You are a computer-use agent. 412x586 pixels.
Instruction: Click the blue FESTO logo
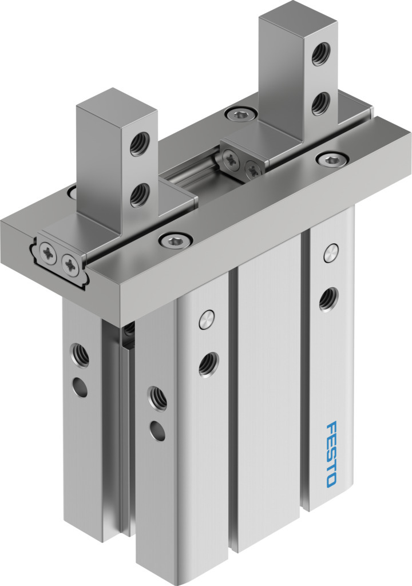[331, 454]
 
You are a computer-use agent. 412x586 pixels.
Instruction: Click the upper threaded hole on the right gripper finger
[320, 53]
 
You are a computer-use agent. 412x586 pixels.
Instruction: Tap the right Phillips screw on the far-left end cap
[70, 262]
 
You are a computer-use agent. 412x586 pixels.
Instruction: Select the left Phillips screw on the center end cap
[231, 160]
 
